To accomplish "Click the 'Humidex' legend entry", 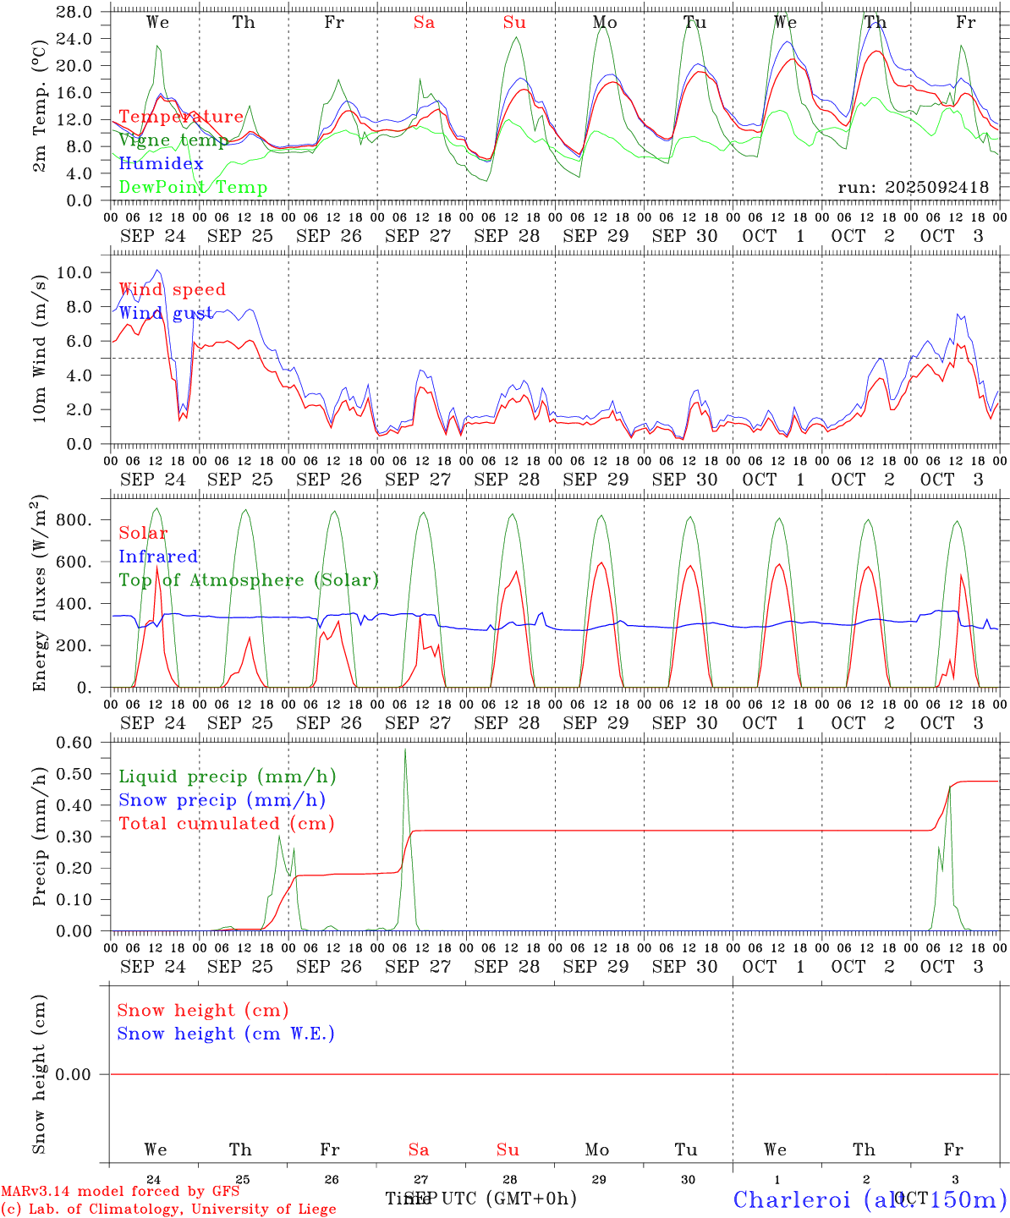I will pos(161,163).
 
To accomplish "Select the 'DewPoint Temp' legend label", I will pos(193,187).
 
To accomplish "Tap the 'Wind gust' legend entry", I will pos(166,313).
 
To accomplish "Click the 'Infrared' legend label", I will pos(158,557).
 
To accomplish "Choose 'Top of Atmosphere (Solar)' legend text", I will pos(249,580).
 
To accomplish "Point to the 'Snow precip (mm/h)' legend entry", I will pos(222,800).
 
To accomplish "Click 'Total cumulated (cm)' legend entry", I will pos(226,823).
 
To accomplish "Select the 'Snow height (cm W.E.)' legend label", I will pos(226,1034).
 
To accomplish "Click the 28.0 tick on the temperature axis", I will pos(75,12).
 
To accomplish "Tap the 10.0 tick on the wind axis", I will pos(75,272).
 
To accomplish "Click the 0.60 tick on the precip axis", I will pos(74,743).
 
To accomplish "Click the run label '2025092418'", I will pos(914,188).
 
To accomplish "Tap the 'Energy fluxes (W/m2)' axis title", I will pos(39,592).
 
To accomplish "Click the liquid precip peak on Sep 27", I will pos(405,749).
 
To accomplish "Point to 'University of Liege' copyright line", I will pos(168,1209).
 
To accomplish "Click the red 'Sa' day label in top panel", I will pos(424,23).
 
